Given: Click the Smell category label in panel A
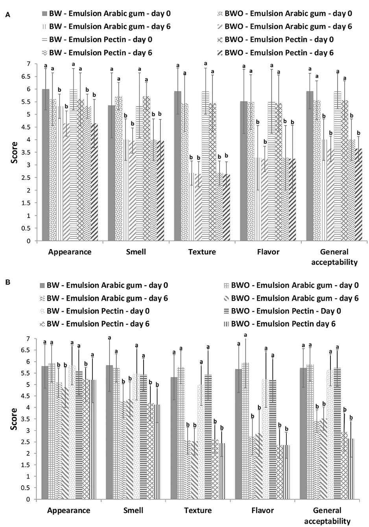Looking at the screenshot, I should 135,252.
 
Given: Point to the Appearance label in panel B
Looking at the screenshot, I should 68,510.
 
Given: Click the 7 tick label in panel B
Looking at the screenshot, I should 28,338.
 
